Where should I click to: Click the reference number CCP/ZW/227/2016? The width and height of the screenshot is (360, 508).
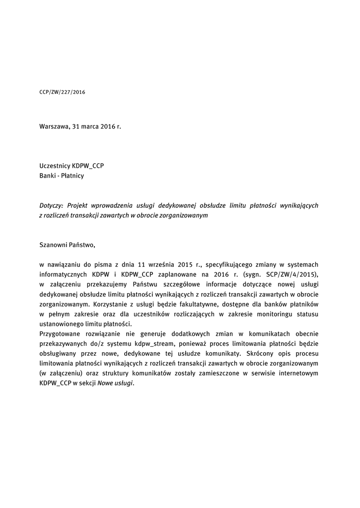tap(62, 92)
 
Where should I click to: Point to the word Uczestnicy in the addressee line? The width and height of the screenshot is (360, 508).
tap(55, 166)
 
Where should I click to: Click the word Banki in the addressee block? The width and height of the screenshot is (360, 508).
tap(48, 176)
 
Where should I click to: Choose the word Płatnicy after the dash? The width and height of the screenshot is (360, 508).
tap(72, 176)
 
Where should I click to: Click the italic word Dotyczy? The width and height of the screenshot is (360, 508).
tap(51, 205)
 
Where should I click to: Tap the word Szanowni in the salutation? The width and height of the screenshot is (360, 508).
tap(53, 245)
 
